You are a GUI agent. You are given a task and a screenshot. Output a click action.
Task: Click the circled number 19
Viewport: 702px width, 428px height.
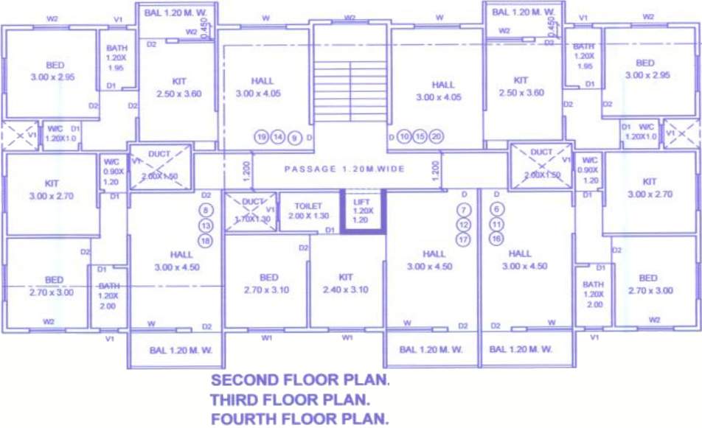pyautogui.click(x=261, y=137)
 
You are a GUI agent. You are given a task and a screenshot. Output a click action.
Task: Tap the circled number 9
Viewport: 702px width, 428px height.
pyautogui.click(x=294, y=137)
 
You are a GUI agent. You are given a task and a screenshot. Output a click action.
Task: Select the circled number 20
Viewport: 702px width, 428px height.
pyautogui.click(x=437, y=136)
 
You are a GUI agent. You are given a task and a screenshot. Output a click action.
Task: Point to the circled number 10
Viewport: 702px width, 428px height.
pyautogui.click(x=403, y=136)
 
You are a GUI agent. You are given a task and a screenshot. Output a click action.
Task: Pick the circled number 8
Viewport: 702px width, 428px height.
pyautogui.click(x=206, y=210)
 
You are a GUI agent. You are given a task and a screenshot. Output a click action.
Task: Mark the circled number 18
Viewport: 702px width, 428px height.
pyautogui.click(x=206, y=241)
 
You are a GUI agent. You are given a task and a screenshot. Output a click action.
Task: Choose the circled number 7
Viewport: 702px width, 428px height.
pyautogui.click(x=464, y=209)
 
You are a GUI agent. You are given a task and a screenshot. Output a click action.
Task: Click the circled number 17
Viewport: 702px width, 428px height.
pyautogui.click(x=464, y=239)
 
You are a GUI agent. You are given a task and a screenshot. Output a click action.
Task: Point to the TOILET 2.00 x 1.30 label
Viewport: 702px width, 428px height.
pyautogui.click(x=307, y=211)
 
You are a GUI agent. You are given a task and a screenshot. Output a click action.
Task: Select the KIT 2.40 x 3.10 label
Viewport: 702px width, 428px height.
pyautogui.click(x=345, y=284)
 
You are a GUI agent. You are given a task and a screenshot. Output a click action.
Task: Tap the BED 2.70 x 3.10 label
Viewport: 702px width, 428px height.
pyautogui.click(x=269, y=284)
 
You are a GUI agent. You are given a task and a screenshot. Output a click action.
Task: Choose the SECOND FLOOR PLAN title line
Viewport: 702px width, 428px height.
pyautogui.click(x=299, y=381)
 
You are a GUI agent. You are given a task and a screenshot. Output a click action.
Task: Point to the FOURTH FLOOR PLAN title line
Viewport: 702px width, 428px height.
pyautogui.click(x=299, y=419)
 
